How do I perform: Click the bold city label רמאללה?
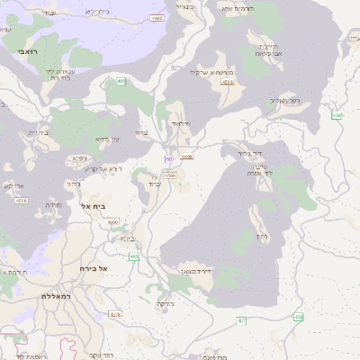56,295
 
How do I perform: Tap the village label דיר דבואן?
193,270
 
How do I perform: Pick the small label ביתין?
127,238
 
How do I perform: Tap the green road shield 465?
121,82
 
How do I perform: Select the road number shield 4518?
228,82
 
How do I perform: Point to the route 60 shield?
168,159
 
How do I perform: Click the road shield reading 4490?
187,157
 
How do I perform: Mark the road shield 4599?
170,176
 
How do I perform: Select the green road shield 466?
134,257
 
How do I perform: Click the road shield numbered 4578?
114,315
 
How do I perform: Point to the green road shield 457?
241,320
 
